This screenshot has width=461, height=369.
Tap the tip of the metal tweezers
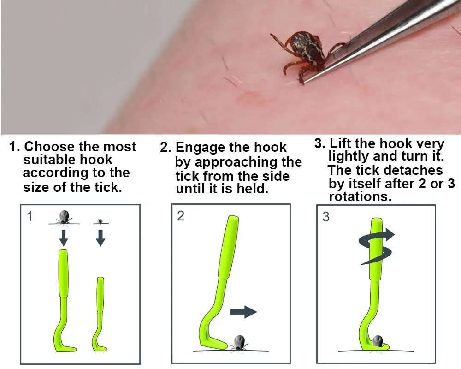(305, 82)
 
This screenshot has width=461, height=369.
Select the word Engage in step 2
(198, 147)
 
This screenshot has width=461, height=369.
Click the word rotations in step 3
(361, 196)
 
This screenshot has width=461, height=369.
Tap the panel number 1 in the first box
(30, 217)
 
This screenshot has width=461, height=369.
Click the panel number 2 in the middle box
(181, 216)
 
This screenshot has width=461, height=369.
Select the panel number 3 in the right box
(326, 217)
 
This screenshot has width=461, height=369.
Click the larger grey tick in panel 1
(64, 217)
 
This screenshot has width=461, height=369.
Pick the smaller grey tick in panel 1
(100, 220)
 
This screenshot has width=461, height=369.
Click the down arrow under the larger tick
(64, 238)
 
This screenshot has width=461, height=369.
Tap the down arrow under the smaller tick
(101, 238)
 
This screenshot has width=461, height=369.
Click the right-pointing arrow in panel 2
(243, 312)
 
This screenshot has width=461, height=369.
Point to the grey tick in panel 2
(238, 343)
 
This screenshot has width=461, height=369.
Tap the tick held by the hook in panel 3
(378, 341)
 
